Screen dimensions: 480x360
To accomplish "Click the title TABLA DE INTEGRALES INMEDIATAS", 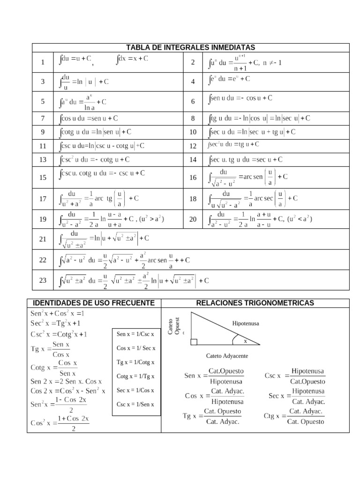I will click(x=190, y=47).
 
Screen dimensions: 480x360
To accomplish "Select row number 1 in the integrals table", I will click(x=43, y=62).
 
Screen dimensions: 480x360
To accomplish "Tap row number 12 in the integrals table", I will click(x=193, y=146).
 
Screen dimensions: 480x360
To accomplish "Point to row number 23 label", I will click(x=43, y=280).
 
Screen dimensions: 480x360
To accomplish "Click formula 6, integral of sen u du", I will click(x=240, y=98).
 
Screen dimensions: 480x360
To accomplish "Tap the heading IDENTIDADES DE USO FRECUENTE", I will click(x=94, y=303).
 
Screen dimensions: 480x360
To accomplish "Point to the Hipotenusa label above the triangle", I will click(x=245, y=323).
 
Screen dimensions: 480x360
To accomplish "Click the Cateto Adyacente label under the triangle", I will click(x=227, y=356).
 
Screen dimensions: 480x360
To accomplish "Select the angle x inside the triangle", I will click(x=245, y=341).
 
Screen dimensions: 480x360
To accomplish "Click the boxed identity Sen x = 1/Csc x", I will click(x=135, y=334).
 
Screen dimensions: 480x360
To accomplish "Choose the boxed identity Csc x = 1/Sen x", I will click(x=135, y=404).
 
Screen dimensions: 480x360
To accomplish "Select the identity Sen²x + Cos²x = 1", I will click(x=57, y=313).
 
